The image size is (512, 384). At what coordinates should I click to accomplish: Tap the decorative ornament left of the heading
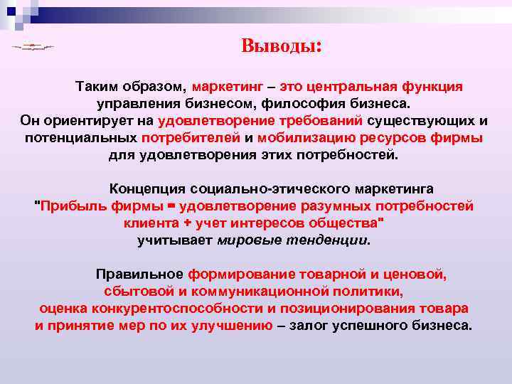tap(33, 47)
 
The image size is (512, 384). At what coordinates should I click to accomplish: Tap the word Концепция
tap(146, 189)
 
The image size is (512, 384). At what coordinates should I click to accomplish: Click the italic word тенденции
tap(332, 240)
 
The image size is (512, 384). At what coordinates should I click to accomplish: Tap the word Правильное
tap(139, 274)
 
